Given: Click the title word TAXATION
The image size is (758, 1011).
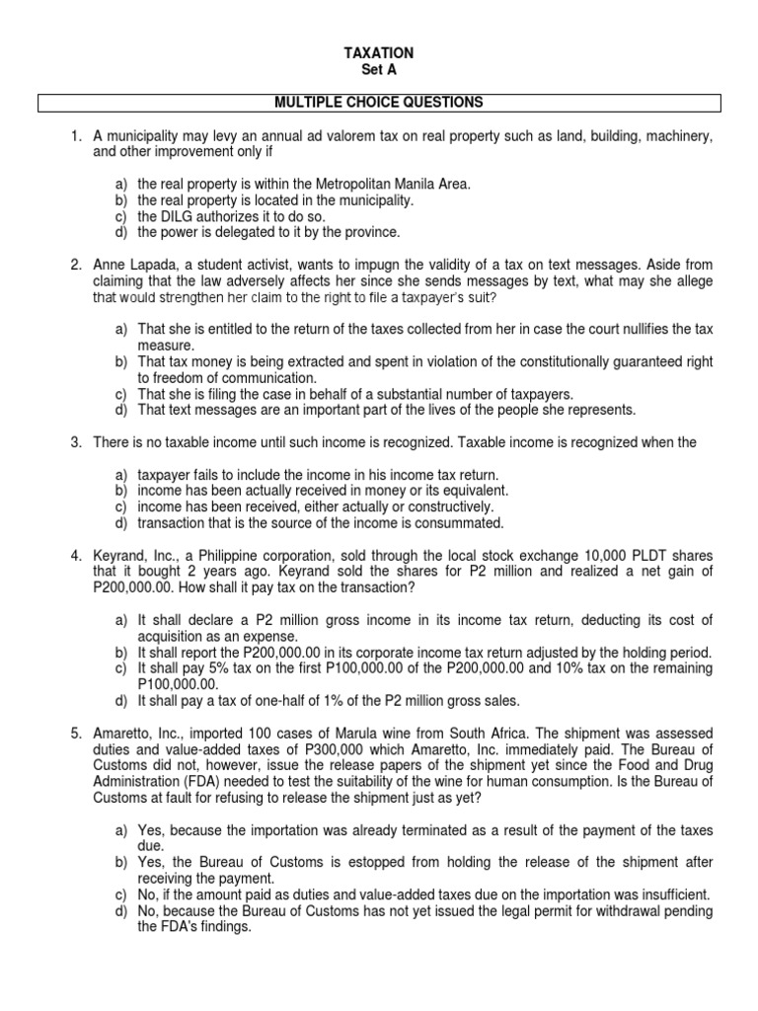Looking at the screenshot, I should point(379,52).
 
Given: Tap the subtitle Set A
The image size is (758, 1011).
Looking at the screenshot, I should point(379,69).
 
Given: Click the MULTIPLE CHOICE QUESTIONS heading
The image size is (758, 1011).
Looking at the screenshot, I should point(379,102).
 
